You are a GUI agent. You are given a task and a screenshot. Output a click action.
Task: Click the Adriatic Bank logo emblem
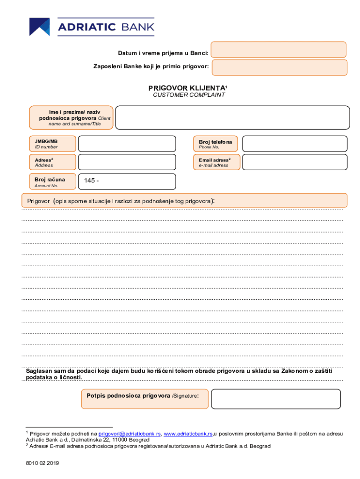[39, 27]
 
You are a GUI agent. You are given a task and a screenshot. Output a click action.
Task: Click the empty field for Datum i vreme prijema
[279, 50]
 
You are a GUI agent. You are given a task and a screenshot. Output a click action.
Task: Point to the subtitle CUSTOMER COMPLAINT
[189, 95]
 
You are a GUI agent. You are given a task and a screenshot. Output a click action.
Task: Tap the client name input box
[232, 117]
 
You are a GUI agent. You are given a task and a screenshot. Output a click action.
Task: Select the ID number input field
[127, 144]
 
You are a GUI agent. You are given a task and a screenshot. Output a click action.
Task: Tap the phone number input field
[295, 144]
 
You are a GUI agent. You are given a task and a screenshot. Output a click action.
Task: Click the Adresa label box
[52, 162]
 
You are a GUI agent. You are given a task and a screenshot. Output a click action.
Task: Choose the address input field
[127, 162]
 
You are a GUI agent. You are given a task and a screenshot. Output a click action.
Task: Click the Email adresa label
[216, 162]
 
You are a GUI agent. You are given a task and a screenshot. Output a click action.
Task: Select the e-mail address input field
[295, 162]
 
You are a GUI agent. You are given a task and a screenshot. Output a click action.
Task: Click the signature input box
[275, 399]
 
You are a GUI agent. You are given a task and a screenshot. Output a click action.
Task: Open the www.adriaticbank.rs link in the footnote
[188, 434]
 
